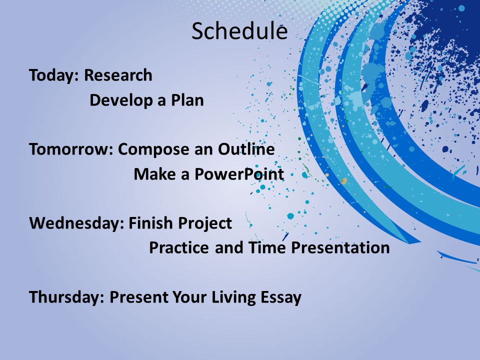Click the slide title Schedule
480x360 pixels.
(239, 31)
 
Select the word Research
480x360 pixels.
(118, 75)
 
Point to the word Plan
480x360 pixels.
(187, 100)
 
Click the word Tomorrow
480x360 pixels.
(71, 149)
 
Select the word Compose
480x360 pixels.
(153, 150)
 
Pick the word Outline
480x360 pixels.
(246, 149)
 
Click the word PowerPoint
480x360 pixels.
(239, 174)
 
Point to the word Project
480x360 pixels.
(205, 223)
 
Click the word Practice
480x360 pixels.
(179, 247)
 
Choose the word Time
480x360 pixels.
(267, 247)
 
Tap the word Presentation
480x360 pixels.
(340, 247)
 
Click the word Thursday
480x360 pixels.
(66, 297)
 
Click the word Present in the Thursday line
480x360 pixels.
(138, 296)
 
